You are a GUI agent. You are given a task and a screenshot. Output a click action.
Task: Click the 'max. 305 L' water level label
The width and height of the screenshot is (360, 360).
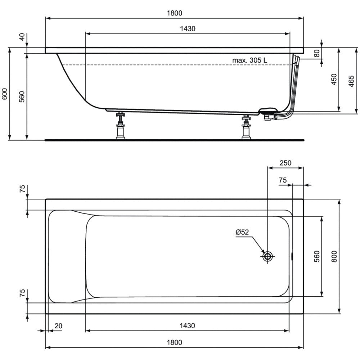[249, 60]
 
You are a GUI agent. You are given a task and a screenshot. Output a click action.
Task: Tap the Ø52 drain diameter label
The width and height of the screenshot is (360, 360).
[242, 232]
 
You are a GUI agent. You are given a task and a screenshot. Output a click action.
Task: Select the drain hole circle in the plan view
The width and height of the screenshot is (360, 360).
[267, 256]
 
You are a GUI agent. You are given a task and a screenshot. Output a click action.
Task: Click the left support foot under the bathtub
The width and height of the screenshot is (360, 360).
[120, 125]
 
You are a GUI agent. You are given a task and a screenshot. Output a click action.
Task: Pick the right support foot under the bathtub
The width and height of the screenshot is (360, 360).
[246, 127]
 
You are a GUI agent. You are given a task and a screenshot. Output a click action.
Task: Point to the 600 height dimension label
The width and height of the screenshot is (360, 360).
[5, 94]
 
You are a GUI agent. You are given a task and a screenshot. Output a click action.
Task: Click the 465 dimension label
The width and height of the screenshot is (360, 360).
[351, 81]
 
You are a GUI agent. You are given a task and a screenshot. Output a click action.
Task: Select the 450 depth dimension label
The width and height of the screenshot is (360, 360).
[334, 79]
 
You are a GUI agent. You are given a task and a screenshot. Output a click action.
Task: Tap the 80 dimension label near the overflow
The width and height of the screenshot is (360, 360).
[316, 53]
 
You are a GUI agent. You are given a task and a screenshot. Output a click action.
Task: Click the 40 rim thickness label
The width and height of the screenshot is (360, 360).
[22, 37]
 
